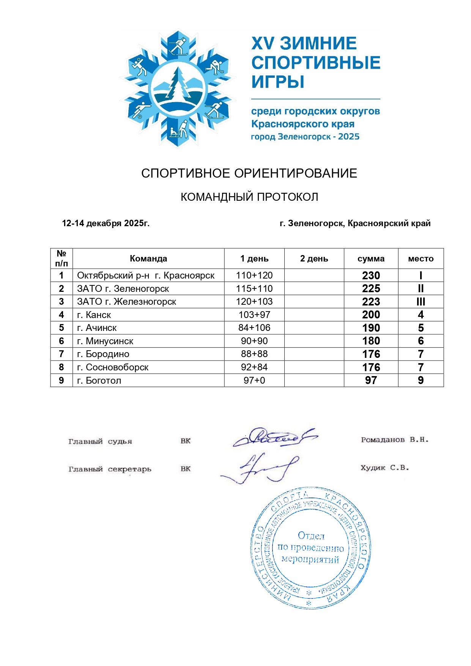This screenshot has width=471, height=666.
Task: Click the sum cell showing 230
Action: tap(371, 276)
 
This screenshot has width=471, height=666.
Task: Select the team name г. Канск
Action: tap(94, 315)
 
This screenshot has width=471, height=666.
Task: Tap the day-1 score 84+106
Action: tap(254, 327)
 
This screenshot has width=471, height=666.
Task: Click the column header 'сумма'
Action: tap(371, 258)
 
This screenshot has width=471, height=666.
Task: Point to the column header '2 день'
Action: tap(314, 258)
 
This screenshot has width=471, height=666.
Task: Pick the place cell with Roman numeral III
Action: tap(421, 302)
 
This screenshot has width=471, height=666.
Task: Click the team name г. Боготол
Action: tap(99, 380)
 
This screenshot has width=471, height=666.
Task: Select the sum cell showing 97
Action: tap(371, 380)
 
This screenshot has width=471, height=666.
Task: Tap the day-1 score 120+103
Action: tap(254, 302)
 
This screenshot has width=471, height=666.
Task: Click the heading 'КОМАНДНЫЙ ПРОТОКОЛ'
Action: tap(249, 197)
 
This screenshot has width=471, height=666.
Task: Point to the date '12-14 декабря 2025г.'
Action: tap(106, 223)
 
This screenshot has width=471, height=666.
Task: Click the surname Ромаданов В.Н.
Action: tap(395, 440)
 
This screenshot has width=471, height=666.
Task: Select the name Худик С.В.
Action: tap(385, 468)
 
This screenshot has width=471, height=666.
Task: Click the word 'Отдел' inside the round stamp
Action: tap(311, 535)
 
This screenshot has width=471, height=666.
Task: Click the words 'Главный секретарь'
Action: tap(110, 469)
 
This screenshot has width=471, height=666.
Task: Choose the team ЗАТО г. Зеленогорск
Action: tap(123, 288)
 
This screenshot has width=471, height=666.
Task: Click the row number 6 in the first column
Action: tap(61, 341)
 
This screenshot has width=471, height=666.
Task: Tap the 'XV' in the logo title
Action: tap(262, 43)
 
